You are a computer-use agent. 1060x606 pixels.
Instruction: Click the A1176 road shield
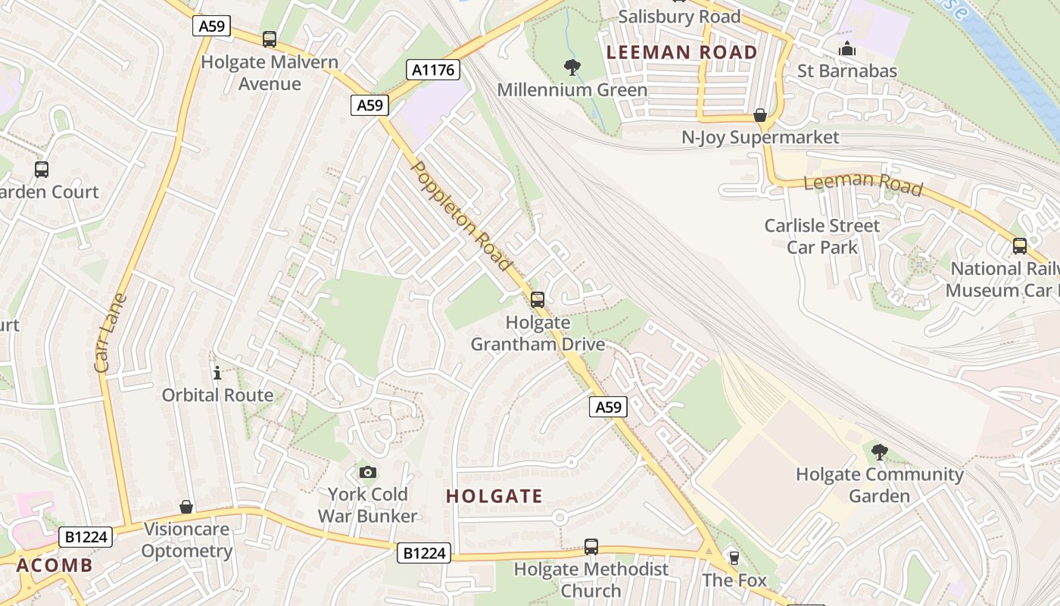tap(433, 70)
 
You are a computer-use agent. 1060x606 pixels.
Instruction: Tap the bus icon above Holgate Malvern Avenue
tap(269, 39)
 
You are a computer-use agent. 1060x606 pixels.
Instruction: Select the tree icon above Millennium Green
tap(572, 67)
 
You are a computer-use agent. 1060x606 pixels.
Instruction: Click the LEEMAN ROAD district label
tap(682, 52)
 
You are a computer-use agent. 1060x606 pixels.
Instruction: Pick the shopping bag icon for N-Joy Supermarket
tap(760, 115)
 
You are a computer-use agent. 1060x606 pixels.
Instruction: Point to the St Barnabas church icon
tap(846, 49)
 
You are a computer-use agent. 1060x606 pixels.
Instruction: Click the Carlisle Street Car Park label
tap(822, 236)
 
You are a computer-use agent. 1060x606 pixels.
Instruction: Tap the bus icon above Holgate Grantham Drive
tap(538, 299)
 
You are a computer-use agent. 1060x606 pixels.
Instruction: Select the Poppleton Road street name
tap(461, 215)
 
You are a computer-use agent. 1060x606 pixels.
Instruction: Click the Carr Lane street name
tap(112, 333)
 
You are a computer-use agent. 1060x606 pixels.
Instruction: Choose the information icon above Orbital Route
tap(217, 373)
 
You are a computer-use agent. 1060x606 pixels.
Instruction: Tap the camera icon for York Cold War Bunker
tap(367, 473)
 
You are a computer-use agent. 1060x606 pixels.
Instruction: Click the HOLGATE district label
tap(494, 497)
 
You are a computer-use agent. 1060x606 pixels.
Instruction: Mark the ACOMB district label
tap(55, 565)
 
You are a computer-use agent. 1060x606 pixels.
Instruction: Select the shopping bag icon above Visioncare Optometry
tap(186, 507)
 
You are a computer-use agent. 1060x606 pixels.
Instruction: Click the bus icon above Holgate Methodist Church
tap(591, 546)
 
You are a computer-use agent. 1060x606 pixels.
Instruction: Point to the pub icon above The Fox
tap(733, 558)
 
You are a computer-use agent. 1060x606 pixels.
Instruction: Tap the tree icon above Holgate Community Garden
tap(879, 452)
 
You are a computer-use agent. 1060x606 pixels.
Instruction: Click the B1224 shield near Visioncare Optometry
tap(86, 537)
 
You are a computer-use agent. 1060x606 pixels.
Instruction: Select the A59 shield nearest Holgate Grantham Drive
tap(608, 408)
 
